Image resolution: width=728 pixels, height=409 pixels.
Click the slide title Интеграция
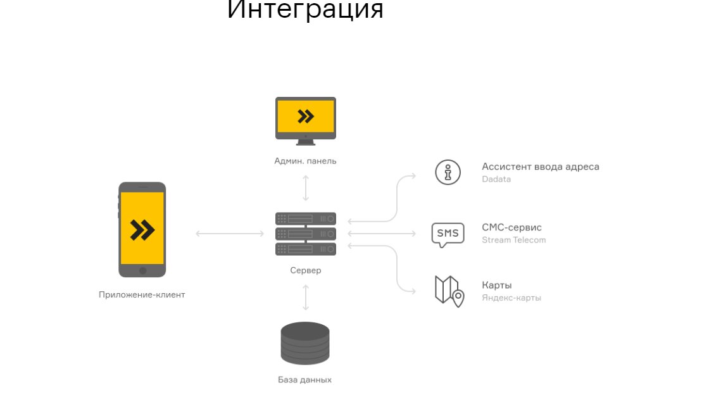tap(305, 9)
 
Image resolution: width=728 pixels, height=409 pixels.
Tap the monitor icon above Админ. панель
tap(306, 118)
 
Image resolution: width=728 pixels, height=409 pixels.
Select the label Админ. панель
tap(305, 161)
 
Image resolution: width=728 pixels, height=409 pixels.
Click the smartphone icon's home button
tap(142, 270)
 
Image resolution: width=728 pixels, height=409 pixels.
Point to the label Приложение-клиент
tap(142, 294)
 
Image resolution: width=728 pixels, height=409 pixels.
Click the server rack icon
tap(306, 234)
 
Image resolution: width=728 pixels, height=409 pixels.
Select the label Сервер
tap(306, 270)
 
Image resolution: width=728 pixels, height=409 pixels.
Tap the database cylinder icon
tap(305, 343)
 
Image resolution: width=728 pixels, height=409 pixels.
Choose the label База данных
tap(304, 380)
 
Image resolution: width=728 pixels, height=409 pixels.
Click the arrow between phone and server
tap(230, 234)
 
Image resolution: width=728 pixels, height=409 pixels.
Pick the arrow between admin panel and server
tap(306, 188)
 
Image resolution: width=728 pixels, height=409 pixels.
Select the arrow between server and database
tap(306, 297)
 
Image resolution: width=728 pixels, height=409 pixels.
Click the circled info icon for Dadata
tap(448, 172)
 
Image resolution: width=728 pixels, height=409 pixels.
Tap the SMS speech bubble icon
tap(448, 234)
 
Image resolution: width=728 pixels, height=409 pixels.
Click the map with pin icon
tap(449, 291)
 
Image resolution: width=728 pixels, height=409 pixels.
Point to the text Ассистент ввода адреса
tap(540, 167)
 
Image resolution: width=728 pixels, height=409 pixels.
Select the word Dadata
tap(496, 179)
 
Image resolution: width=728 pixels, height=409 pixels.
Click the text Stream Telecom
tap(513, 240)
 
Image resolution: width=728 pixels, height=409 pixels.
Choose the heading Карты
tap(496, 285)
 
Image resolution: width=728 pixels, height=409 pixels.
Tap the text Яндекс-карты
tap(511, 298)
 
